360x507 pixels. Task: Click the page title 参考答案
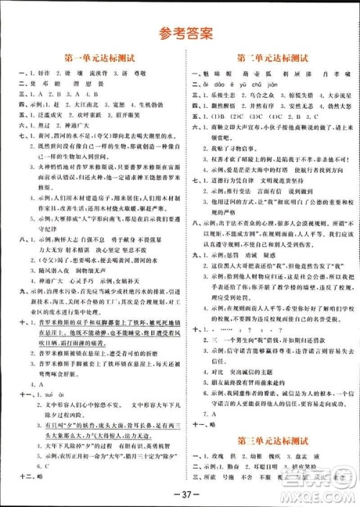pyautogui.click(x=179, y=32)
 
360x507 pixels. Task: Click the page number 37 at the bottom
pyautogui.click(x=179, y=494)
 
